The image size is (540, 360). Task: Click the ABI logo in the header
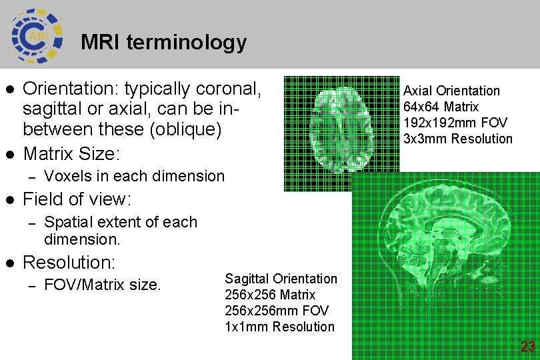pyautogui.click(x=37, y=34)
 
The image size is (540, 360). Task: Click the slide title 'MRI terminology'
pyautogui.click(x=163, y=43)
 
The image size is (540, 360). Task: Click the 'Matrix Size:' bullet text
pyautogui.click(x=71, y=154)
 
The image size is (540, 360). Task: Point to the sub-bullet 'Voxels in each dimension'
pyautogui.click(x=134, y=176)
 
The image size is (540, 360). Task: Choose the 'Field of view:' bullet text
pyautogui.click(x=77, y=199)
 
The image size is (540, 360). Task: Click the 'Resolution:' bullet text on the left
pyautogui.click(x=69, y=261)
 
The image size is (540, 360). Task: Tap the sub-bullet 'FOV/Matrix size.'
pyautogui.click(x=102, y=285)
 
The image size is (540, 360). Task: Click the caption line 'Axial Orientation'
pyautogui.click(x=451, y=91)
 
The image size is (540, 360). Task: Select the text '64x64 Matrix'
pyautogui.click(x=441, y=107)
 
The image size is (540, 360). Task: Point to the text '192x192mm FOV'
pyautogui.click(x=455, y=123)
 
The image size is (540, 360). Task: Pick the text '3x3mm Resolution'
pyautogui.click(x=458, y=139)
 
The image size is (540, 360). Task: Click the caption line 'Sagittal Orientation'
pyautogui.click(x=281, y=279)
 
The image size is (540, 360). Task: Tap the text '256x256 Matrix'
pyautogui.click(x=270, y=295)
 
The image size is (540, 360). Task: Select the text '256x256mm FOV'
pyautogui.click(x=277, y=311)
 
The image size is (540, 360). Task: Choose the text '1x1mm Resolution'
pyautogui.click(x=279, y=327)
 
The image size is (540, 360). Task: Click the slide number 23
pyautogui.click(x=527, y=347)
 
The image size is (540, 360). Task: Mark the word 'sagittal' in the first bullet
pyautogui.click(x=53, y=109)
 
